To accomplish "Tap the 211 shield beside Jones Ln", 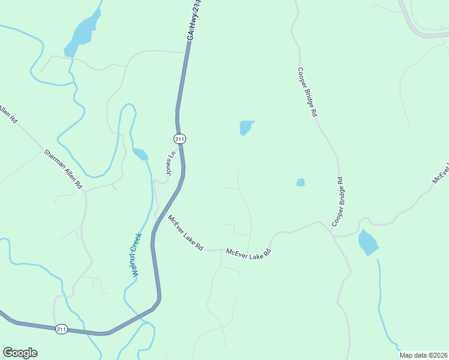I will point(179,139).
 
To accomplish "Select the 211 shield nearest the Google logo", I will point(61,329).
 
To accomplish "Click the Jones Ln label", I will point(171,163).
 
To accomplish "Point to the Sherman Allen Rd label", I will point(63,170).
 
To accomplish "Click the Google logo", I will point(20,353).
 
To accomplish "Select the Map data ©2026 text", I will point(423,355).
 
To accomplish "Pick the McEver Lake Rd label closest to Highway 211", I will point(185,233).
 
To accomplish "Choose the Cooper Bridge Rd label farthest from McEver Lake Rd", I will point(306,92).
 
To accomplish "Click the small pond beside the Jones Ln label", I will point(140,154).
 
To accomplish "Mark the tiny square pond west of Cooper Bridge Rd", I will point(300,182).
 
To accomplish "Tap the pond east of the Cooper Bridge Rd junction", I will point(367,242).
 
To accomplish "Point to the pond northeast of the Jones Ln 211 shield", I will point(246,127).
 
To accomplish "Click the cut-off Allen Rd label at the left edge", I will point(7,114).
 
